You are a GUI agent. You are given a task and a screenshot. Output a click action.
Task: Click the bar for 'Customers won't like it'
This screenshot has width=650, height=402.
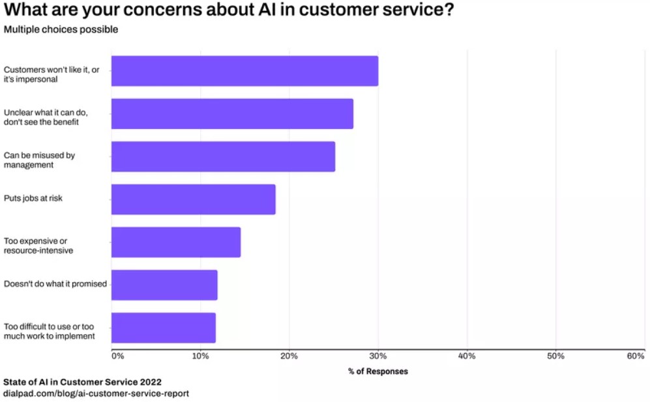244,71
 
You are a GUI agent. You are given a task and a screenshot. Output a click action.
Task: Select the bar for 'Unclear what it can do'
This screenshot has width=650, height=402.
232,114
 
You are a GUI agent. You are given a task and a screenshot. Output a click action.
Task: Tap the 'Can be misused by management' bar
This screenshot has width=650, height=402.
223,156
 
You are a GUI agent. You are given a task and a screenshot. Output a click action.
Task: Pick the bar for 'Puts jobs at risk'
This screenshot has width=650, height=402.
193,199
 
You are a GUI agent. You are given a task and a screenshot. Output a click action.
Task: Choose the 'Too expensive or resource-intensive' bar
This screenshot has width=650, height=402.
176,242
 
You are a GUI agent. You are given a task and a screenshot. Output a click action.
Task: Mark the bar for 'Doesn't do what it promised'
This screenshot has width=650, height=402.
164,285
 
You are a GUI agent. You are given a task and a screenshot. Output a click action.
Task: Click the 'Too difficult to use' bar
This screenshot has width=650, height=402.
163,328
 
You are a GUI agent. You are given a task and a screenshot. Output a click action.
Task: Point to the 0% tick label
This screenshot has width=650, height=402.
117,356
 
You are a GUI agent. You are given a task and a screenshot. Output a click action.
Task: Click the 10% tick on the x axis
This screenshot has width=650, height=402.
200,356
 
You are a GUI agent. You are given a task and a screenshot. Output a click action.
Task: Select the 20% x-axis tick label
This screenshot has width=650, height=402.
289,356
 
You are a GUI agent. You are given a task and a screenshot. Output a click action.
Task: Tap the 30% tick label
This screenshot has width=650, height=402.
377,356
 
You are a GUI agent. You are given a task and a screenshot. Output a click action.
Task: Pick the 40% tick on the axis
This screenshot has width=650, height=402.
467,356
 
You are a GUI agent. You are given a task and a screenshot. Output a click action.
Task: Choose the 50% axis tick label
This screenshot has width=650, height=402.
555,356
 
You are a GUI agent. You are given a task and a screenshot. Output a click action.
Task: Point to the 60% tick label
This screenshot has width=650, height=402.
635,356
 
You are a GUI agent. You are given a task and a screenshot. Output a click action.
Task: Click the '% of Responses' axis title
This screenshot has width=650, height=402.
377,371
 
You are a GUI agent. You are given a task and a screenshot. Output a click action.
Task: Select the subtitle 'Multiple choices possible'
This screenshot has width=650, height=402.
61,29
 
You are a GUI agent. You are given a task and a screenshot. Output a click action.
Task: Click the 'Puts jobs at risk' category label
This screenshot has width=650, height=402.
33,198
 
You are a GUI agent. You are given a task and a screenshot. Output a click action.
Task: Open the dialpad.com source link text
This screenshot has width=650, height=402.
96,394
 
